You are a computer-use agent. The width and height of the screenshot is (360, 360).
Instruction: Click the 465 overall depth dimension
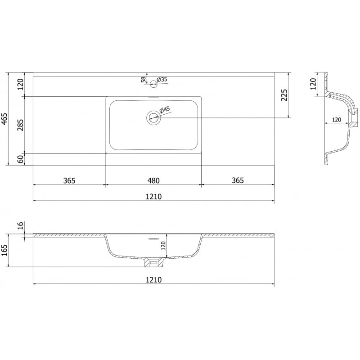(x=4, y=119)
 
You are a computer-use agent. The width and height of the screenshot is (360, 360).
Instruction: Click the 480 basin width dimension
(x=153, y=181)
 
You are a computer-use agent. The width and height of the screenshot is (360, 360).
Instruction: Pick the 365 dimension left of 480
(x=69, y=181)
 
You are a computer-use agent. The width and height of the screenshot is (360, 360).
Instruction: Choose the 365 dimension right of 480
(x=238, y=181)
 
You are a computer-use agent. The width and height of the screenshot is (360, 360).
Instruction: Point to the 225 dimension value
(x=284, y=95)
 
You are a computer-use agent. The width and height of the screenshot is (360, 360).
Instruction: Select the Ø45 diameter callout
(x=164, y=109)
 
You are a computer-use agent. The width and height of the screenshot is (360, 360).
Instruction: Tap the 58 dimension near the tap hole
(x=144, y=80)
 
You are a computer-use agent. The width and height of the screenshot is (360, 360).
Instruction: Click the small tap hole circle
(x=153, y=83)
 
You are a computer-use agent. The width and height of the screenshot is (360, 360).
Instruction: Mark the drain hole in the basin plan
(x=153, y=118)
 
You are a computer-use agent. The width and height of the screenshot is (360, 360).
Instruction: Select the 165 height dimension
(x=4, y=250)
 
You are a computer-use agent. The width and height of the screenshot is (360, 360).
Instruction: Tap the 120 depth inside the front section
(x=163, y=245)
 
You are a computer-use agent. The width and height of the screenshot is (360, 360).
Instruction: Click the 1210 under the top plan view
(x=153, y=197)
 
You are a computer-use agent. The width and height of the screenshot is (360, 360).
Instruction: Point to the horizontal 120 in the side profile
(x=336, y=120)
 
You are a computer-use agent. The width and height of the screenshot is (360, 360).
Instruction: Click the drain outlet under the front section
(x=153, y=262)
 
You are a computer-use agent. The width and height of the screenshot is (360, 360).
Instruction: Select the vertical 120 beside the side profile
(x=314, y=84)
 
